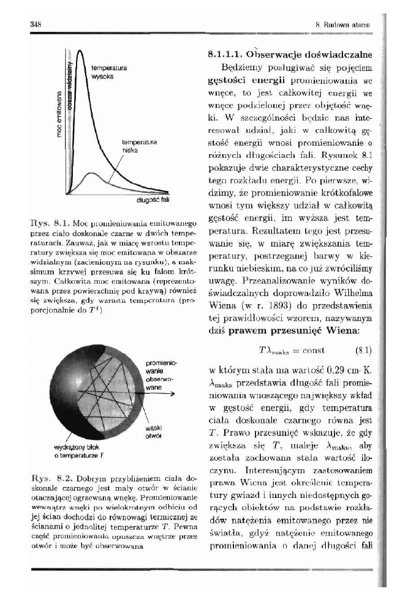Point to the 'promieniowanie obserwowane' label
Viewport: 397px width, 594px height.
click(x=157, y=374)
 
